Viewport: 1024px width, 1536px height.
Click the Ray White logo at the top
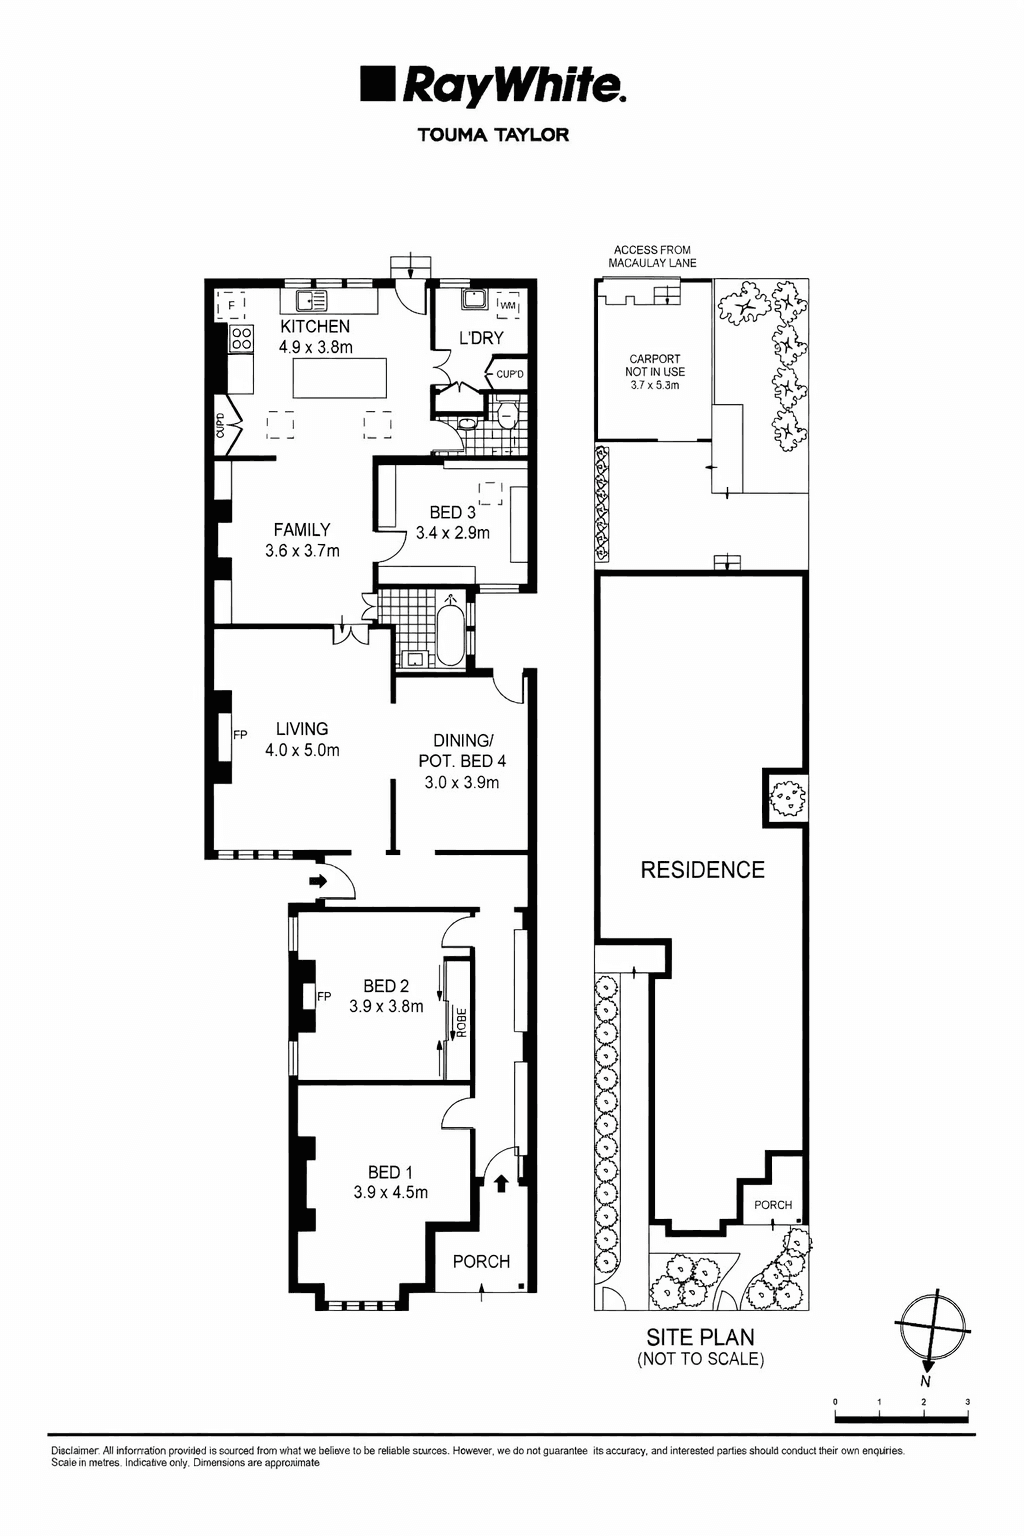(x=493, y=86)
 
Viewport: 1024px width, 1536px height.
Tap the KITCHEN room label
(x=315, y=327)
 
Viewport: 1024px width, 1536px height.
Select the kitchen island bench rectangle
(x=339, y=379)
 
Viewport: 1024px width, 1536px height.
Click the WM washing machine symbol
(x=508, y=305)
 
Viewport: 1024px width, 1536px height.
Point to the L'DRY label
(x=481, y=338)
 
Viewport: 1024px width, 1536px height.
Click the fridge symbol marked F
(x=232, y=305)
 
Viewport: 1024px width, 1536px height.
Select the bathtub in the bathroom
(x=450, y=632)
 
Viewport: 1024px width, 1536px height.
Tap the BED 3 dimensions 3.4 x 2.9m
(x=453, y=533)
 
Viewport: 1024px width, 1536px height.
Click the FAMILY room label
(x=302, y=530)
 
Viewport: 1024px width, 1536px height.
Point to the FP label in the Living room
(x=240, y=735)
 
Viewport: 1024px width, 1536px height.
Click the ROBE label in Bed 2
(x=461, y=1021)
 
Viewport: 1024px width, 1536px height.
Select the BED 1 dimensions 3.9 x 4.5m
(x=390, y=1192)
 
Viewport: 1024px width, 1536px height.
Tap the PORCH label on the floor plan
(x=481, y=1261)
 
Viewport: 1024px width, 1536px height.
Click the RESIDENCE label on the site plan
(x=702, y=870)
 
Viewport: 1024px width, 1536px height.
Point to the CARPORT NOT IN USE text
(x=654, y=371)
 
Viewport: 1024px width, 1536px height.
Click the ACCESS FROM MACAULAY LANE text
(x=652, y=257)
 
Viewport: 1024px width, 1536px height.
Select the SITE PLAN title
(x=700, y=1337)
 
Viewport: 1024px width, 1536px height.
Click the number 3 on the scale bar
(x=967, y=1403)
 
